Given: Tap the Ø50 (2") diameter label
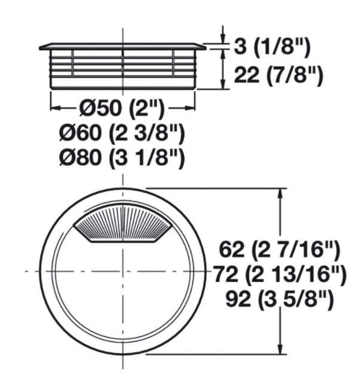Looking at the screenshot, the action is [122, 109].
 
